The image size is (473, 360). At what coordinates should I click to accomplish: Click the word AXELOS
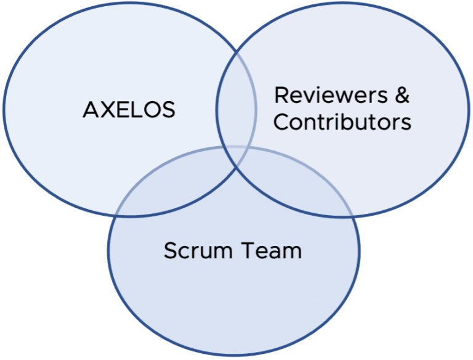[x=129, y=110]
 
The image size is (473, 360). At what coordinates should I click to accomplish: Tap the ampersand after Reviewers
[x=400, y=96]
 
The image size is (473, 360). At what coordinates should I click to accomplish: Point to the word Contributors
[x=342, y=121]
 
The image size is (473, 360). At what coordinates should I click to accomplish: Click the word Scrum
[x=192, y=251]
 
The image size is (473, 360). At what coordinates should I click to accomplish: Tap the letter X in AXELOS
[x=105, y=110]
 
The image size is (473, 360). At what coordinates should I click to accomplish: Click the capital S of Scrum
[x=171, y=251]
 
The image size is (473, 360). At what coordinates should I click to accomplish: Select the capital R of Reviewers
[x=281, y=96]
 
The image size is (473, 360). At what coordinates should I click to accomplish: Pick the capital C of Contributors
[x=281, y=121]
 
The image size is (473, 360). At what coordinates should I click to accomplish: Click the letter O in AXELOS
[x=152, y=110]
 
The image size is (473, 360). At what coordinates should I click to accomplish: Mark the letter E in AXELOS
[x=120, y=110]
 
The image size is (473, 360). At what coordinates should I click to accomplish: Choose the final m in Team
[x=293, y=252]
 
